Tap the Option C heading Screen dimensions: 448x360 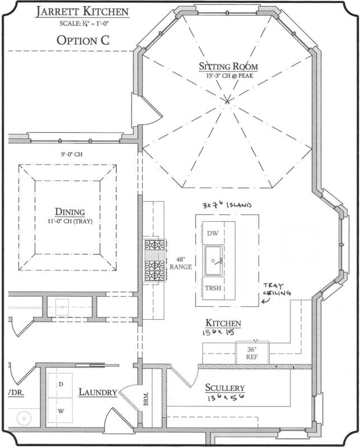[x=83, y=40]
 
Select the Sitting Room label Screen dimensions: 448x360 [x=227, y=67]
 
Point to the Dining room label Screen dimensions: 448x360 [x=69, y=212]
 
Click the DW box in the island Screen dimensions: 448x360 [x=212, y=233]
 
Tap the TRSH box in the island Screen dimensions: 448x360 [x=213, y=289]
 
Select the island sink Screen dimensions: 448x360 [x=215, y=262]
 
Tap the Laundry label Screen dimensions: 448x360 [x=97, y=393]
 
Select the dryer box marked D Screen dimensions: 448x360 [x=60, y=385]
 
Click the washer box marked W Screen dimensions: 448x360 [x=60, y=411]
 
